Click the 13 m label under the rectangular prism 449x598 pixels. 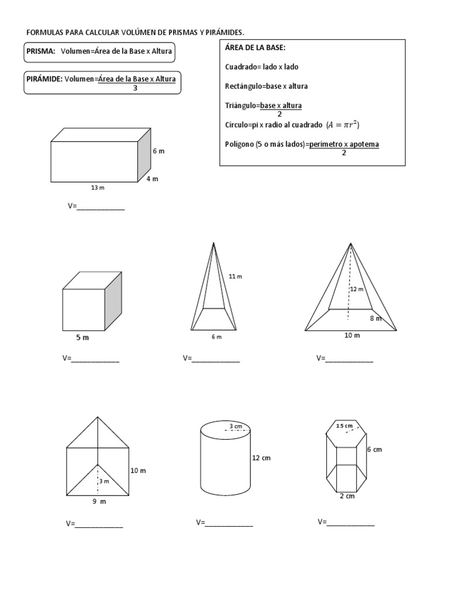pyautogui.click(x=98, y=188)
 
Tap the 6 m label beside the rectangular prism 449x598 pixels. pyautogui.click(x=158, y=151)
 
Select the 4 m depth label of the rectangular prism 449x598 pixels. pyautogui.click(x=152, y=179)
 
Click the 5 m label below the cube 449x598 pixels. pyautogui.click(x=82, y=338)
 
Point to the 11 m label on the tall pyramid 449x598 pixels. pyautogui.click(x=235, y=276)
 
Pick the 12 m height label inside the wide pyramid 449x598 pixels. pyautogui.click(x=357, y=289)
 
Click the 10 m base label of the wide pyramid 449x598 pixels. pyautogui.click(x=352, y=335)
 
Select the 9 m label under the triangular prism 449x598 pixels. pyautogui.click(x=99, y=501)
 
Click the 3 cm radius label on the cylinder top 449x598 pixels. pyautogui.click(x=236, y=426)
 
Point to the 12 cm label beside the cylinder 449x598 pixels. pyautogui.click(x=261, y=458)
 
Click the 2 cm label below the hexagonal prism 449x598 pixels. pyautogui.click(x=347, y=496)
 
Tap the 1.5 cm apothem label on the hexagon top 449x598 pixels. pyautogui.click(x=344, y=426)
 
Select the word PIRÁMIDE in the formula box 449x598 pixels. pyautogui.click(x=44, y=78)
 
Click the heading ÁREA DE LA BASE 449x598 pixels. pyautogui.click(x=255, y=47)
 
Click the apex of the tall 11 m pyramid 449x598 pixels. pyautogui.click(x=215, y=243)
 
